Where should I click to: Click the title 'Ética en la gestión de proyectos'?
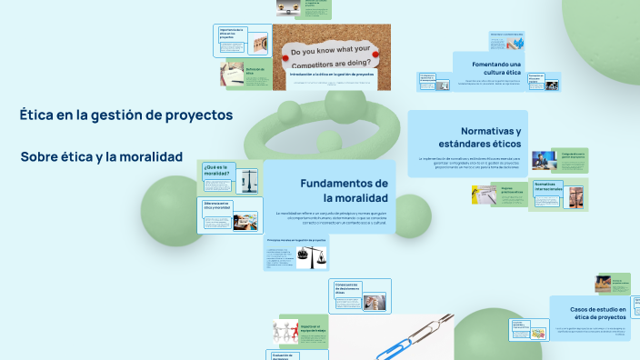pyautogui.click(x=126, y=115)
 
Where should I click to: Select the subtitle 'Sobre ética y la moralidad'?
pyautogui.click(x=101, y=156)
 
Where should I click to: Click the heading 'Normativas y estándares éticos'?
pyautogui.click(x=478, y=137)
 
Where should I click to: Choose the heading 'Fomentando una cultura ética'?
pyautogui.click(x=495, y=69)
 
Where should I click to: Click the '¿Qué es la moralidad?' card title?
pyautogui.click(x=217, y=170)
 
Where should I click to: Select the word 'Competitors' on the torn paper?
pyautogui.click(x=321, y=63)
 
